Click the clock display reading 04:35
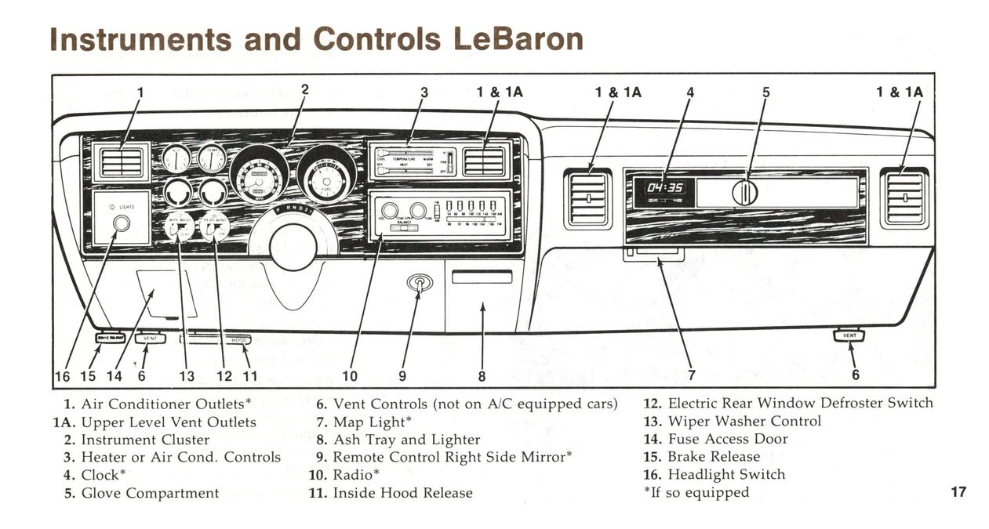(664, 189)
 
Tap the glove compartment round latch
(744, 192)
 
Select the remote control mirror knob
(420, 284)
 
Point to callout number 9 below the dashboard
(402, 376)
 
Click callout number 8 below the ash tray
(482, 376)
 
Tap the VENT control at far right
(849, 335)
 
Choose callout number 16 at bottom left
(61, 376)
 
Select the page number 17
(958, 492)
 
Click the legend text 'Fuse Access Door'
(727, 439)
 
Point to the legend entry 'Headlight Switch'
(725, 474)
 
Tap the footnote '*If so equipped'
(696, 492)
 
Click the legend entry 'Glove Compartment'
(150, 493)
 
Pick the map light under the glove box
(654, 254)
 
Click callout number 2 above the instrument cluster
(304, 89)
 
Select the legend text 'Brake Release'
(714, 456)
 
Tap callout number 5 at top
(766, 92)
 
